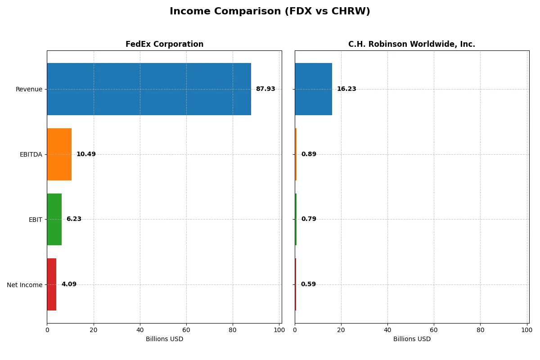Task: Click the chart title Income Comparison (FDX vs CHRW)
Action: pyautogui.click(x=270, y=12)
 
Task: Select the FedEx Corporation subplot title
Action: pyautogui.click(x=164, y=44)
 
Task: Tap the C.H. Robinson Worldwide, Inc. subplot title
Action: pyautogui.click(x=411, y=44)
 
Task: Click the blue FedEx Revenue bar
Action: pyautogui.click(x=149, y=89)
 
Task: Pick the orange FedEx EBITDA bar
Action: pyautogui.click(x=59, y=154)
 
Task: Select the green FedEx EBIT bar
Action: pyautogui.click(x=54, y=219)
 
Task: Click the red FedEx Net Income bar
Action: pyautogui.click(x=51, y=284)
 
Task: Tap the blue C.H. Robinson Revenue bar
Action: pyautogui.click(x=313, y=89)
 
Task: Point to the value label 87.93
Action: pyautogui.click(x=265, y=89)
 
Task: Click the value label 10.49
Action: pyautogui.click(x=86, y=154)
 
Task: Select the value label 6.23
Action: pyautogui.click(x=74, y=219)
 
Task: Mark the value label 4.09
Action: pyautogui.click(x=69, y=284)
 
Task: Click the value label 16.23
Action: pyautogui.click(x=346, y=89)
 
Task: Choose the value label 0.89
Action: pyautogui.click(x=309, y=154)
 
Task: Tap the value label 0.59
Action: pyautogui.click(x=308, y=284)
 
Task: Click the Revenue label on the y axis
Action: pyautogui.click(x=29, y=89)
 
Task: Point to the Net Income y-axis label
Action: pyautogui.click(x=24, y=285)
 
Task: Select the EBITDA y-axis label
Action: pyautogui.click(x=31, y=154)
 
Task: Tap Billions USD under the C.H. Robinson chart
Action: pyautogui.click(x=411, y=339)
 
